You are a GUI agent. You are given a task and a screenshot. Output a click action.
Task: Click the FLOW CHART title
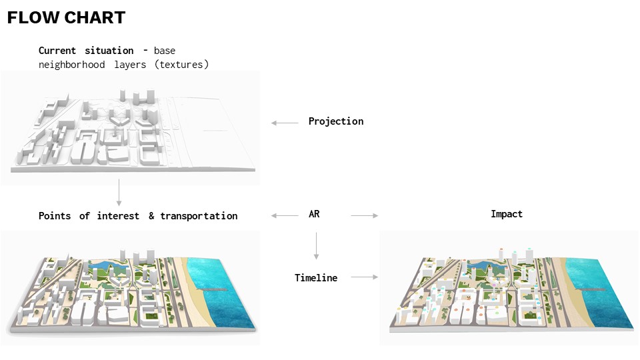point(66,18)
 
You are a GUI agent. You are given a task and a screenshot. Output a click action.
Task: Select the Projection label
point(335,121)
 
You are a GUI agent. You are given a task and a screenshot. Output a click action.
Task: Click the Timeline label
point(316,277)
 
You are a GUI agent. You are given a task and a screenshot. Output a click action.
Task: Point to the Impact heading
point(507,214)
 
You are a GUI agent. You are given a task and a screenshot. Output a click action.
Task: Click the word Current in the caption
point(58,51)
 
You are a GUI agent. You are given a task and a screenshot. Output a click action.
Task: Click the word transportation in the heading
point(199,216)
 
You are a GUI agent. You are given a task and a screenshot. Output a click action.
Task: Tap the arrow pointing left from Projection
point(285,123)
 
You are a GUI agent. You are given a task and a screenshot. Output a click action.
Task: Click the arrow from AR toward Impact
point(364,215)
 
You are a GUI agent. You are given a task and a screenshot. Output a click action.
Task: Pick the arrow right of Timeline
point(364,277)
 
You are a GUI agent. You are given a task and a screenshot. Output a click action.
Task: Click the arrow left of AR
point(285,215)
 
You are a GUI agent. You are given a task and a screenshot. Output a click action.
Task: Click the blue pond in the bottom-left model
point(107,269)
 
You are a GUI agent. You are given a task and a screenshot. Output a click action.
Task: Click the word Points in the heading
point(55,216)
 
